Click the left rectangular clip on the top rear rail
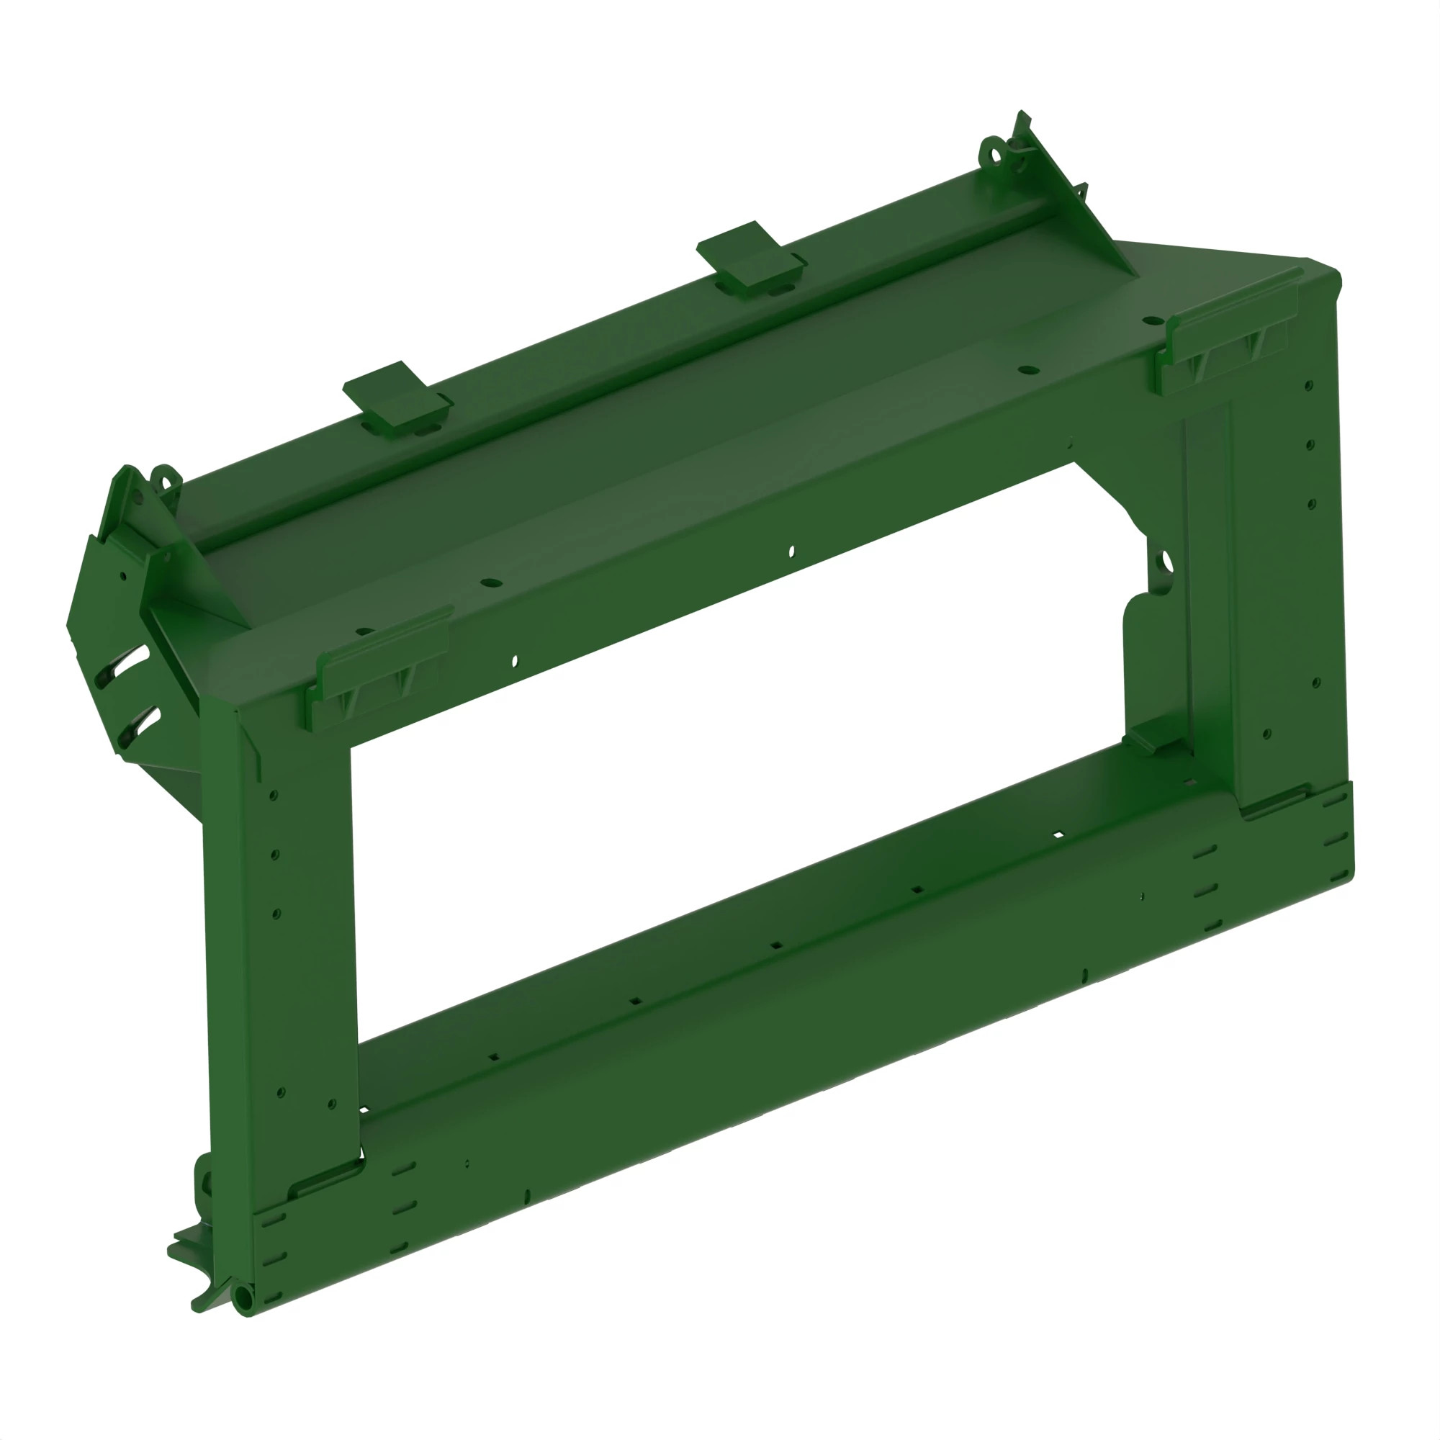pyautogui.click(x=397, y=398)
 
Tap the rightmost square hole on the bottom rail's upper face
pyautogui.click(x=1058, y=834)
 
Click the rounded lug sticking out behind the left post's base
pyautogui.click(x=203, y=1182)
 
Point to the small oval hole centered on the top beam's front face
pyautogui.click(x=791, y=552)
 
